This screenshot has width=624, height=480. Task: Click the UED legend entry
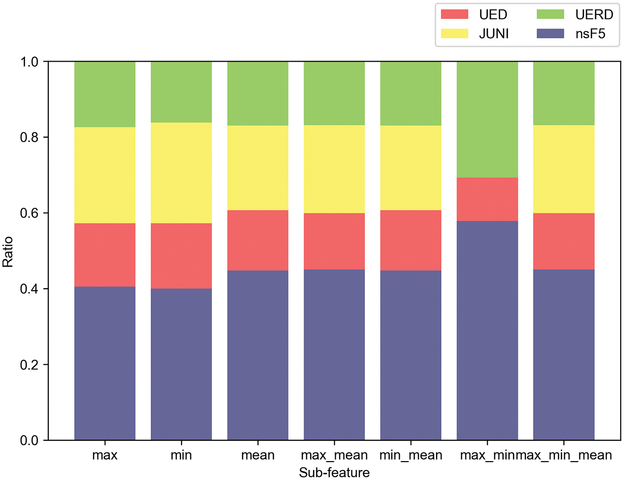[477, 14]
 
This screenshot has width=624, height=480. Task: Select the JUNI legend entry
[477, 34]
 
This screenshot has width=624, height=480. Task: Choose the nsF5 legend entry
[574, 34]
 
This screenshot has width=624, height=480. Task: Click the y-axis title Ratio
[8, 252]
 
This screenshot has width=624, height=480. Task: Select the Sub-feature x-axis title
[334, 473]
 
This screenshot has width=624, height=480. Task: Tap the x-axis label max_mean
[334, 455]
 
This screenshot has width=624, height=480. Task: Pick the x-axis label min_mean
[411, 455]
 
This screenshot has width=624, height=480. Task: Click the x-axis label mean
[258, 455]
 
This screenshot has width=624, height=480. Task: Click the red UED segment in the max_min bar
[487, 199]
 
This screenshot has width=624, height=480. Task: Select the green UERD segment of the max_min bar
[487, 119]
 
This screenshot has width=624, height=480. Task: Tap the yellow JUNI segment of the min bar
[181, 172]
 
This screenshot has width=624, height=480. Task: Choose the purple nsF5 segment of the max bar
[105, 363]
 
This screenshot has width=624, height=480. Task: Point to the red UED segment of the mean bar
[258, 240]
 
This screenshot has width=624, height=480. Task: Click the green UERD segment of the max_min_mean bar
[564, 93]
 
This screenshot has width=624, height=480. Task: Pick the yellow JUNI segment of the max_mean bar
[334, 169]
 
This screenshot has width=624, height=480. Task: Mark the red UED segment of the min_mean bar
[411, 240]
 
